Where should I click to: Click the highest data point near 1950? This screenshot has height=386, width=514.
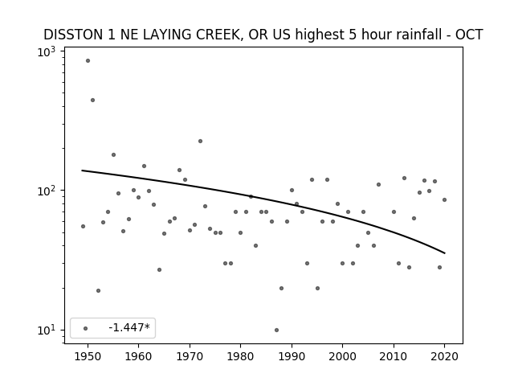coord(88,61)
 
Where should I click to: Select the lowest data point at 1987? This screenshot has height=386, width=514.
coord(276,330)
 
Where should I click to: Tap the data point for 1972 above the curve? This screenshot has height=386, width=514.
coord(200,142)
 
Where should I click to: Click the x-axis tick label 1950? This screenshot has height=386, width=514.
coord(88,356)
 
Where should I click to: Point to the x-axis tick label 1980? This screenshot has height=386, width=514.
coord(241,356)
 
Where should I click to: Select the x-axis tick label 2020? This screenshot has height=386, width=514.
coord(444,356)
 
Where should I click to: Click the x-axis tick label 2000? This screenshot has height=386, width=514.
coord(343,356)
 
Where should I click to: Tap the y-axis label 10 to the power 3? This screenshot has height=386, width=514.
coord(47,51)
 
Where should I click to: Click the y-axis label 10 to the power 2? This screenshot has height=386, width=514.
coord(47,191)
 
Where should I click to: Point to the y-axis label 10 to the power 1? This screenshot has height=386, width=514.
coord(47,330)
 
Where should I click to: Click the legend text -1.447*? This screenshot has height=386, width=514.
coord(129,327)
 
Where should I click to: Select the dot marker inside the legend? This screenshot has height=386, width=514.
coord(86,328)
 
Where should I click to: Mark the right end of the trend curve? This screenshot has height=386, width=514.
coord(445,253)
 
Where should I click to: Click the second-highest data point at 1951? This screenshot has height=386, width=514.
coord(93,100)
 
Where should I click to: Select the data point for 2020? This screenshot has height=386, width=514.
coord(444,200)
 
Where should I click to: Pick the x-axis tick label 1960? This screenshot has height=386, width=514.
coord(139,356)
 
